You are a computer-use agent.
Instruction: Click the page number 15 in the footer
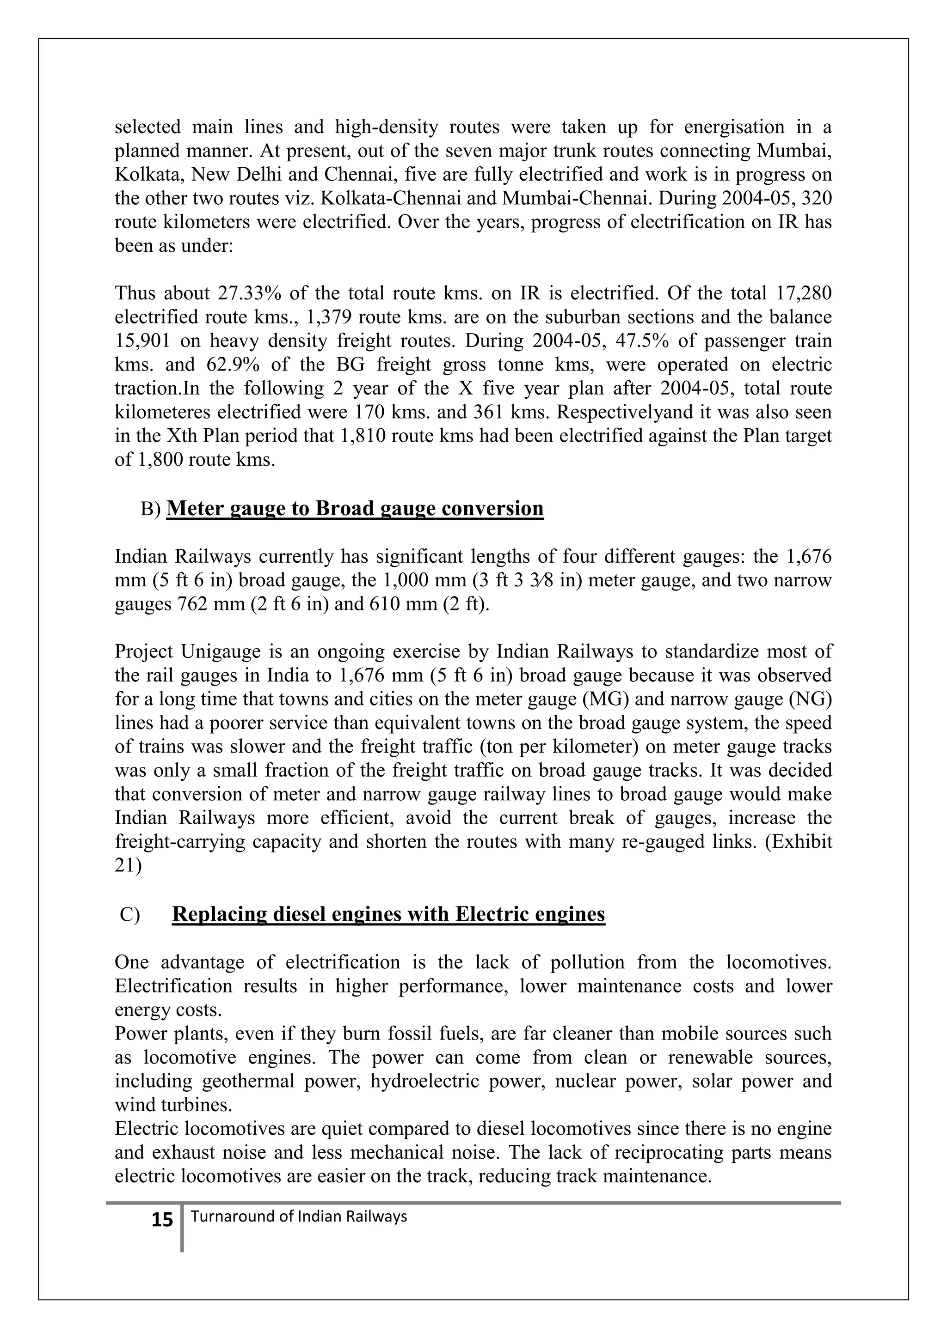coord(162,1220)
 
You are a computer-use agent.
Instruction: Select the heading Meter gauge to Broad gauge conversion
coord(355,509)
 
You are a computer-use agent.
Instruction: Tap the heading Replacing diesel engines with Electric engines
coord(388,914)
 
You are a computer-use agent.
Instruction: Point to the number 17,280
coord(804,293)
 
